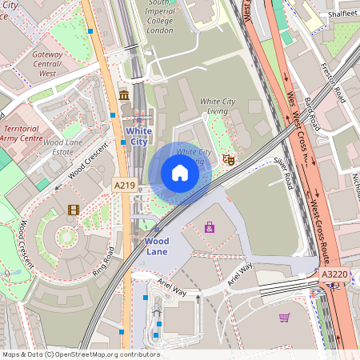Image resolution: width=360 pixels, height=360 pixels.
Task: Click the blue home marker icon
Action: pyautogui.click(x=180, y=173)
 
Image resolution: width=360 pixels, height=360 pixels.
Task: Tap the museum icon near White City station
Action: pyautogui.click(x=124, y=96)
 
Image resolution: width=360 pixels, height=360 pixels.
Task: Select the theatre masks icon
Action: pyautogui.click(x=228, y=159)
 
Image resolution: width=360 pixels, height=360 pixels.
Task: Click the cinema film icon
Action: pyautogui.click(x=74, y=210)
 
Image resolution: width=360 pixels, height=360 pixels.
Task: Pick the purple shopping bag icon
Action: pyautogui.click(x=210, y=227)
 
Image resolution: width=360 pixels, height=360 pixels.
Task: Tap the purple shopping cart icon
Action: pyautogui.click(x=284, y=318)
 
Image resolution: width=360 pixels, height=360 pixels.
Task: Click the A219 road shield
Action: pyautogui.click(x=124, y=186)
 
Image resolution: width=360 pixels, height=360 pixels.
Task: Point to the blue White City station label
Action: pyautogui.click(x=138, y=136)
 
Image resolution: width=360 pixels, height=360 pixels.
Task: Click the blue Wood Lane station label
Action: pyautogui.click(x=157, y=246)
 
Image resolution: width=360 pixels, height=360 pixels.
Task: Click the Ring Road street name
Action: pyautogui.click(x=103, y=260)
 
